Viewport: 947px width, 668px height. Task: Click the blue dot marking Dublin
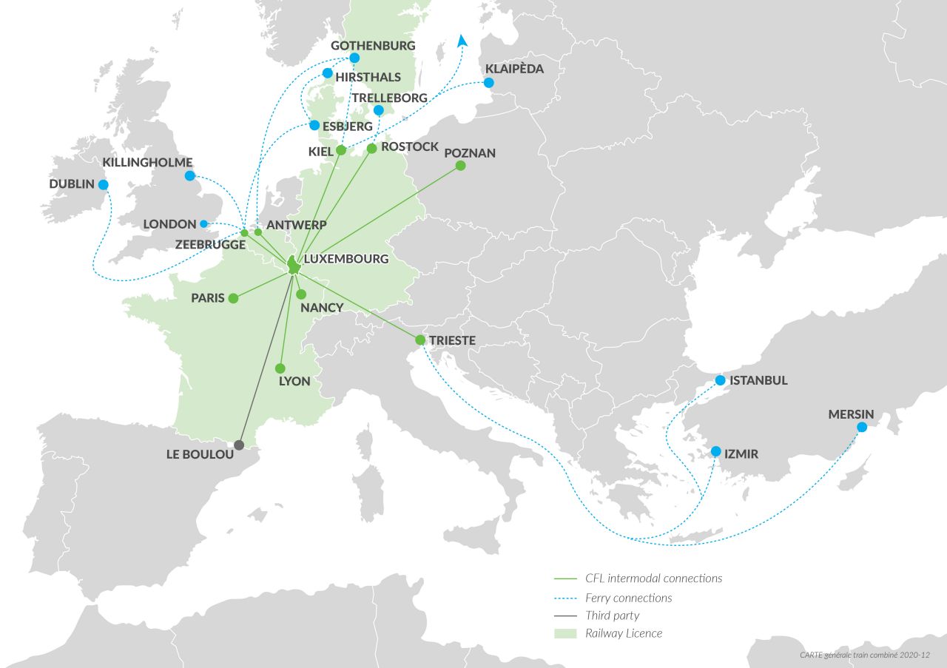(103, 185)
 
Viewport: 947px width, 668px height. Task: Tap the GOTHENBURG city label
(373, 46)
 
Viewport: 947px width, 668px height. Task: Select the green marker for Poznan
(460, 166)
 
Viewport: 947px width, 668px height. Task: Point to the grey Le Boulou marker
(238, 445)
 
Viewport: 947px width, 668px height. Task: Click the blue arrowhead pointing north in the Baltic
(462, 41)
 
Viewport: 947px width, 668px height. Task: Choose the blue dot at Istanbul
(720, 380)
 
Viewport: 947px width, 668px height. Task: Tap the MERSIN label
(851, 414)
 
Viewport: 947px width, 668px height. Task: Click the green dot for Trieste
(420, 340)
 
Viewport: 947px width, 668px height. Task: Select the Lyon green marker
(280, 368)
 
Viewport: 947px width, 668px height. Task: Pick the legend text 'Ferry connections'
(628, 598)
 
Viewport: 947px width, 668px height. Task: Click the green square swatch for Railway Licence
(565, 633)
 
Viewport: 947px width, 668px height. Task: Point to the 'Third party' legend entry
(612, 615)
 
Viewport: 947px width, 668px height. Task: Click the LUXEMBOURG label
(346, 259)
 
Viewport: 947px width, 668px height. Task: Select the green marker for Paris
(233, 298)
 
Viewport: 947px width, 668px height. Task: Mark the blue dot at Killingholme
(189, 176)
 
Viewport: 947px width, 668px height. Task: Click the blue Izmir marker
(715, 451)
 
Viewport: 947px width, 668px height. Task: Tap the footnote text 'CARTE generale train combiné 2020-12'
(864, 655)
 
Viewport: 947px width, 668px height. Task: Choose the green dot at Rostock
(371, 149)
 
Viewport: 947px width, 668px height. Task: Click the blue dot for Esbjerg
(314, 126)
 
